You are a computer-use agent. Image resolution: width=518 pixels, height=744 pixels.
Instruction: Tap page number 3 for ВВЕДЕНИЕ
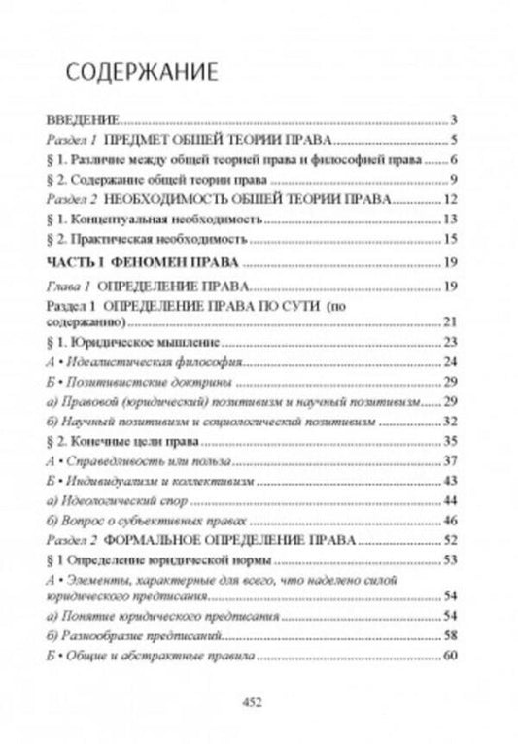tap(454, 122)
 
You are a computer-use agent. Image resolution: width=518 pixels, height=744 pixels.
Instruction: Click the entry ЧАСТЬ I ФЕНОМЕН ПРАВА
tap(144, 262)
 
